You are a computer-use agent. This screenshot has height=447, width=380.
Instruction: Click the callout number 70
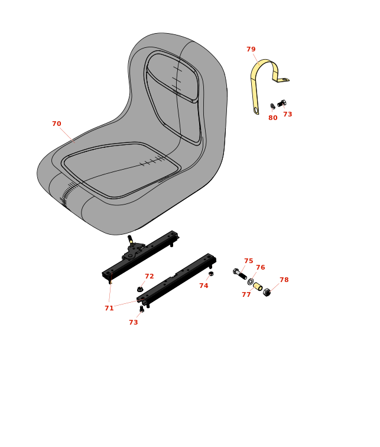(x=56, y=124)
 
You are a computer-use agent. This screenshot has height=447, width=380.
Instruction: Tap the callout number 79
(x=251, y=49)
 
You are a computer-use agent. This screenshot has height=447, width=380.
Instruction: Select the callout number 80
(x=273, y=118)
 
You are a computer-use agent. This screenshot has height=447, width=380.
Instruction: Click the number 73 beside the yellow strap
(x=288, y=114)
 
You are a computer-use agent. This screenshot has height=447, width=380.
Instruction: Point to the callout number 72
(x=150, y=276)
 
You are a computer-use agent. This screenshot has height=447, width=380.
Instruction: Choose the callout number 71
(x=109, y=308)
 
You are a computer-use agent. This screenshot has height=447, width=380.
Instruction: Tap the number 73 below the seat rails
(x=134, y=322)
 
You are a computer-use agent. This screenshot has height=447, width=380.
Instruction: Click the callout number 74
(x=204, y=286)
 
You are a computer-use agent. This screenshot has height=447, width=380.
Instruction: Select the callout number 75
(x=249, y=261)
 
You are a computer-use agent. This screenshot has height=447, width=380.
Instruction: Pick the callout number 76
(x=261, y=267)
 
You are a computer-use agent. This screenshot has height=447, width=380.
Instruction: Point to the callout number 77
(x=246, y=294)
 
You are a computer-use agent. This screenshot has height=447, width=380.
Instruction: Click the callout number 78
(x=284, y=280)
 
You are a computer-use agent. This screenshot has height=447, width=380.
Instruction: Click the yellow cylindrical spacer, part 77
(x=258, y=287)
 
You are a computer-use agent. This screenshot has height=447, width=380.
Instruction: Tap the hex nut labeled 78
(x=267, y=292)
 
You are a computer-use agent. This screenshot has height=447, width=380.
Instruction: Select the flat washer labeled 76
(x=251, y=281)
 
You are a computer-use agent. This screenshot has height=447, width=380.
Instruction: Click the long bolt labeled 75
(x=240, y=274)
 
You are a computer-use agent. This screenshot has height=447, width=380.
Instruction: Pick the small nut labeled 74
(x=211, y=274)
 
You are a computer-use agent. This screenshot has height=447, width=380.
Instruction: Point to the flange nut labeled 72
(x=140, y=289)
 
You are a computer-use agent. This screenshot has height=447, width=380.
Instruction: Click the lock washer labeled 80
(x=272, y=106)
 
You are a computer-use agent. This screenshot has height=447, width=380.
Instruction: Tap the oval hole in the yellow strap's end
(x=256, y=110)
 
